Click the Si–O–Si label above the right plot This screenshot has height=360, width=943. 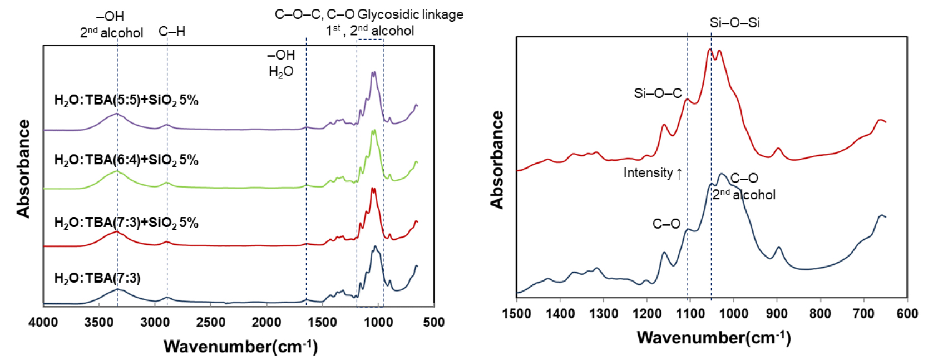tap(734, 23)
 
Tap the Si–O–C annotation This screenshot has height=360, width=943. tap(658, 93)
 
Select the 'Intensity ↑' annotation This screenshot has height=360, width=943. tap(653, 173)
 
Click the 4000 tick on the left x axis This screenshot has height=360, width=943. tap(43, 322)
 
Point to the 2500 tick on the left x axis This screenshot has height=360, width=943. tap(210, 322)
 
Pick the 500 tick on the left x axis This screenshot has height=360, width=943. tap(434, 322)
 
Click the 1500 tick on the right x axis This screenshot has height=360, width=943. tap(517, 314)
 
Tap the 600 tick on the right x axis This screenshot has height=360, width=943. tap(907, 314)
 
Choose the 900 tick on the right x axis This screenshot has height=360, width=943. tap(777, 314)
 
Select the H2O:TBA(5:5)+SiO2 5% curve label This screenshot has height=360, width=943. tap(126, 101)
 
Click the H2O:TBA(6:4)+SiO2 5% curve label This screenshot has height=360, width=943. tap(126, 160)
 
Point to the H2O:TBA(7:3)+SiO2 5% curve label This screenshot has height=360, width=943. tap(126, 223)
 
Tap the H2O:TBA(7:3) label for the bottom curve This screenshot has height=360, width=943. tap(97, 278)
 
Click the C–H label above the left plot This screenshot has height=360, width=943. tap(172, 32)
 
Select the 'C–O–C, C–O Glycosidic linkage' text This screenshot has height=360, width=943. tap(369, 14)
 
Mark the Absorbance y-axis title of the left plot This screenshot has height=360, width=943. tap(23, 169)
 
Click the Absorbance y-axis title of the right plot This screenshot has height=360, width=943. tap(497, 160)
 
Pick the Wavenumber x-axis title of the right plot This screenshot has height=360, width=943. tap(714, 337)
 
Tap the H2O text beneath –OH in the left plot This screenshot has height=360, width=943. tap(281, 72)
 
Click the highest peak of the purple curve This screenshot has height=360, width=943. tap(373, 72)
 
